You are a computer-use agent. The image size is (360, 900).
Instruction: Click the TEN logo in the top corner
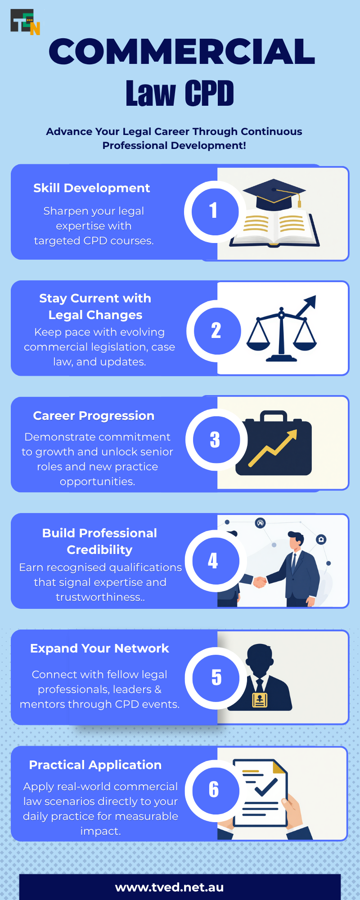[25, 22]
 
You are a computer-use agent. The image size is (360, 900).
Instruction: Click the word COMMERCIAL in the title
[182, 51]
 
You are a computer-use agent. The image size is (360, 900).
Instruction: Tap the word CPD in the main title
[209, 93]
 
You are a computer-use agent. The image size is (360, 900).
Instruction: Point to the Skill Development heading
[91, 188]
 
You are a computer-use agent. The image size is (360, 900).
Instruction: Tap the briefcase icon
[274, 443]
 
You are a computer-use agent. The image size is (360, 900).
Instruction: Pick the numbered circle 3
[216, 440]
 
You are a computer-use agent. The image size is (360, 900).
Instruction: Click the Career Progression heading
[94, 416]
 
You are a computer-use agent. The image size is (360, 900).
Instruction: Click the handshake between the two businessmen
[259, 582]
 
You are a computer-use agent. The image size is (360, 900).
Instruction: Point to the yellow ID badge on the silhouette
[260, 700]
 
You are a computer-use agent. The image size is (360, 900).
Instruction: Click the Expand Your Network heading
[99, 648]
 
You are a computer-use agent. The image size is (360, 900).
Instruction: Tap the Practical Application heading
[95, 765]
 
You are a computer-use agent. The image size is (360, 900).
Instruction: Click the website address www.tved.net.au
[170, 887]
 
